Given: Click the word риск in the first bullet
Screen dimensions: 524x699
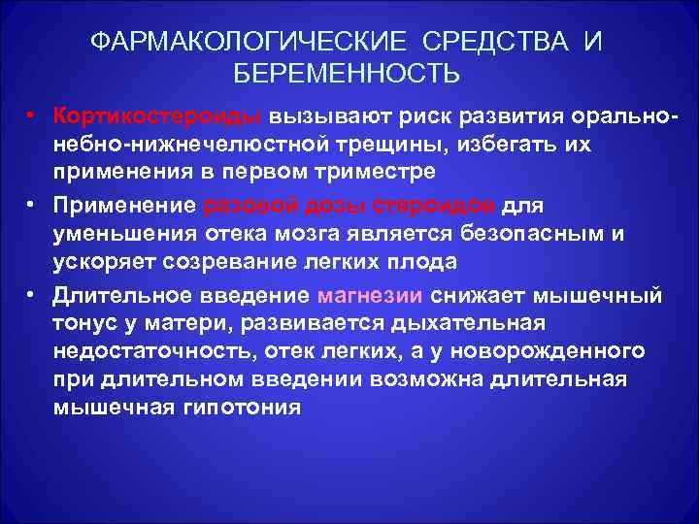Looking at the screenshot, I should (419, 117).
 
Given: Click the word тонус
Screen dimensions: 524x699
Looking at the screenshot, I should (85, 320).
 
